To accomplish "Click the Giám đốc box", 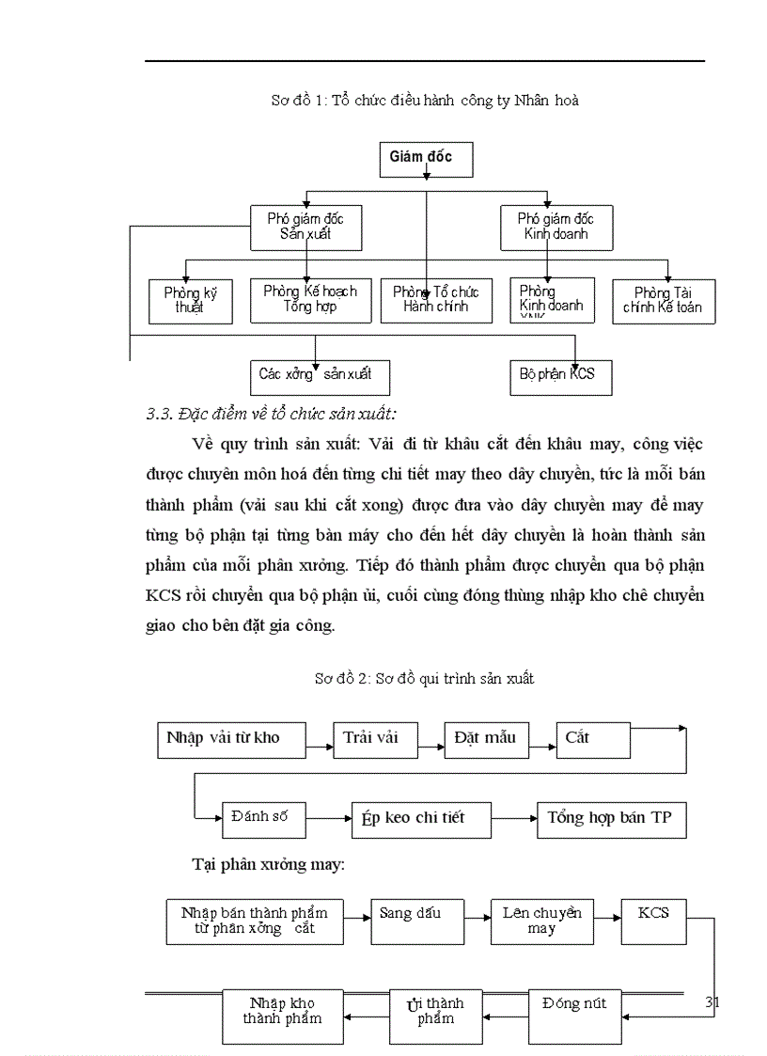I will [x=426, y=159].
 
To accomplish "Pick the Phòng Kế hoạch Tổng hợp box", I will [x=307, y=300].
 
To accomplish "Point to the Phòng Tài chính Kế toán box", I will [x=664, y=301].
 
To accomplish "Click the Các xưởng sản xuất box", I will [x=319, y=376].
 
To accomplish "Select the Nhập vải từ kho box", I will [x=230, y=739].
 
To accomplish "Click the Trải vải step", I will [x=373, y=739].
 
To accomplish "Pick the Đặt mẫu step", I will [x=486, y=739].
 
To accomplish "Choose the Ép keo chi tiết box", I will [x=420, y=818].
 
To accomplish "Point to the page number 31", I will [x=712, y=1003].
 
